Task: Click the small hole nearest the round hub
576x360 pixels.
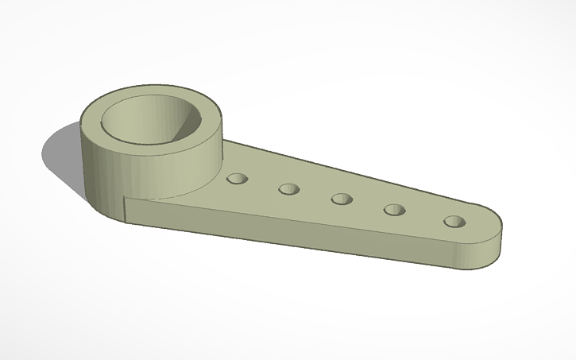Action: [x=236, y=179]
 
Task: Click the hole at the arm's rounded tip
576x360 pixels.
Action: [x=454, y=221]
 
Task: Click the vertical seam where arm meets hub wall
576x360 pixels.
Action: [x=127, y=208]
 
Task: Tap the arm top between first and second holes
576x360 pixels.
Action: [x=262, y=184]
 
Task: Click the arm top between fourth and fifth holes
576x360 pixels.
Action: [x=424, y=216]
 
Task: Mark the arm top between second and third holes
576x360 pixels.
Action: [x=315, y=195]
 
